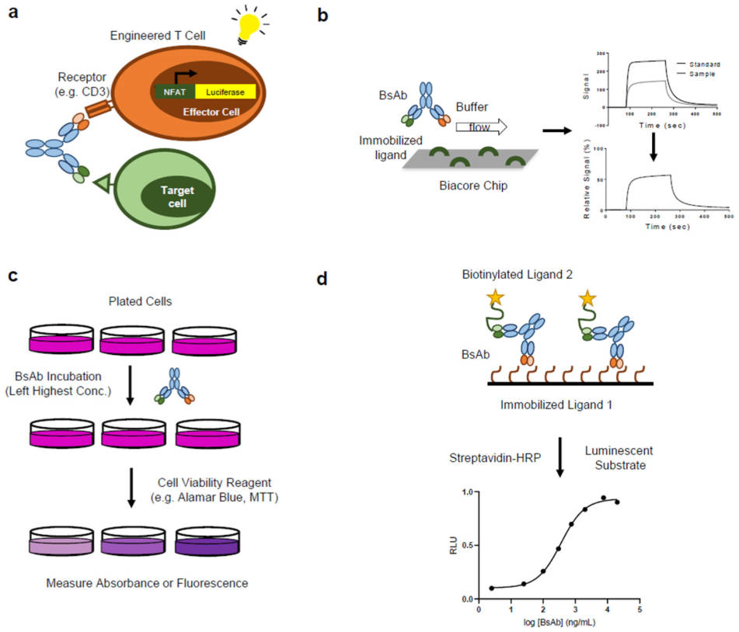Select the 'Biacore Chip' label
pos(477,186)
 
